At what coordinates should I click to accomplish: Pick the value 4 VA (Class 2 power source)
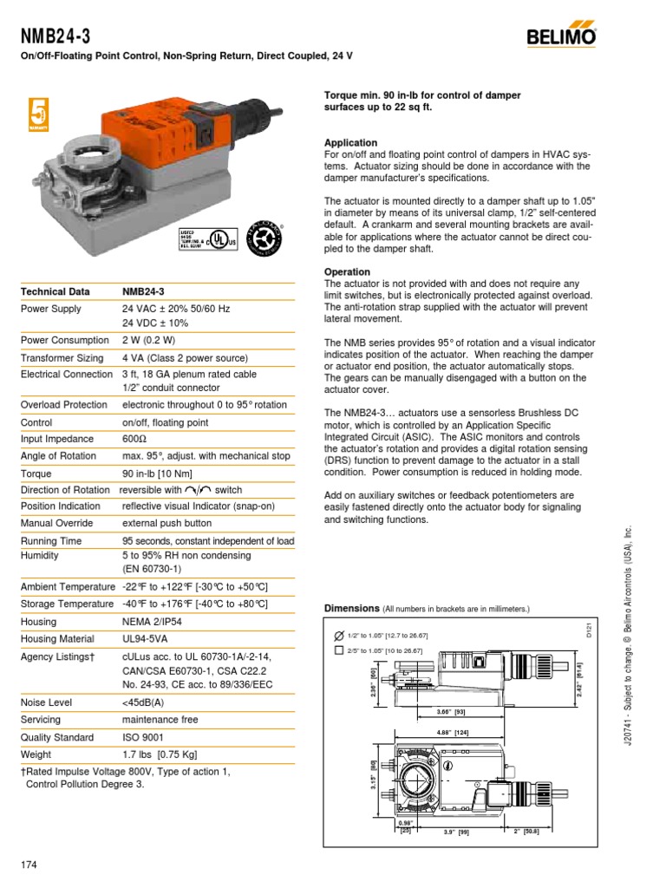(x=185, y=358)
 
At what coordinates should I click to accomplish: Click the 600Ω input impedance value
(x=134, y=440)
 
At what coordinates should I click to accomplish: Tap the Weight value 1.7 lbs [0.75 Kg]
(x=172, y=754)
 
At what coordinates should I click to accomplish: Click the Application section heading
(x=350, y=143)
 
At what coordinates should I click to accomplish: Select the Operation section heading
(x=347, y=272)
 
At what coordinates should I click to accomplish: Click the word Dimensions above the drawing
(x=352, y=609)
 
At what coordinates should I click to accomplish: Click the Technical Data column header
(x=57, y=291)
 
